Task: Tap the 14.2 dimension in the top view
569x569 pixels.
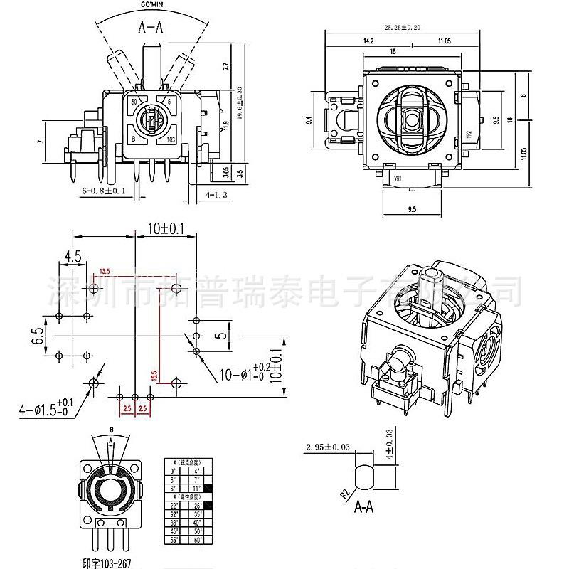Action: point(368,41)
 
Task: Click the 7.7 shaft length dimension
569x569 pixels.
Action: point(225,69)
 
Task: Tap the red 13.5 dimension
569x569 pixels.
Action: point(105,272)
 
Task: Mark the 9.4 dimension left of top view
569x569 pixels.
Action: point(309,122)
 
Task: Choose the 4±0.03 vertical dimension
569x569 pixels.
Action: point(388,443)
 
